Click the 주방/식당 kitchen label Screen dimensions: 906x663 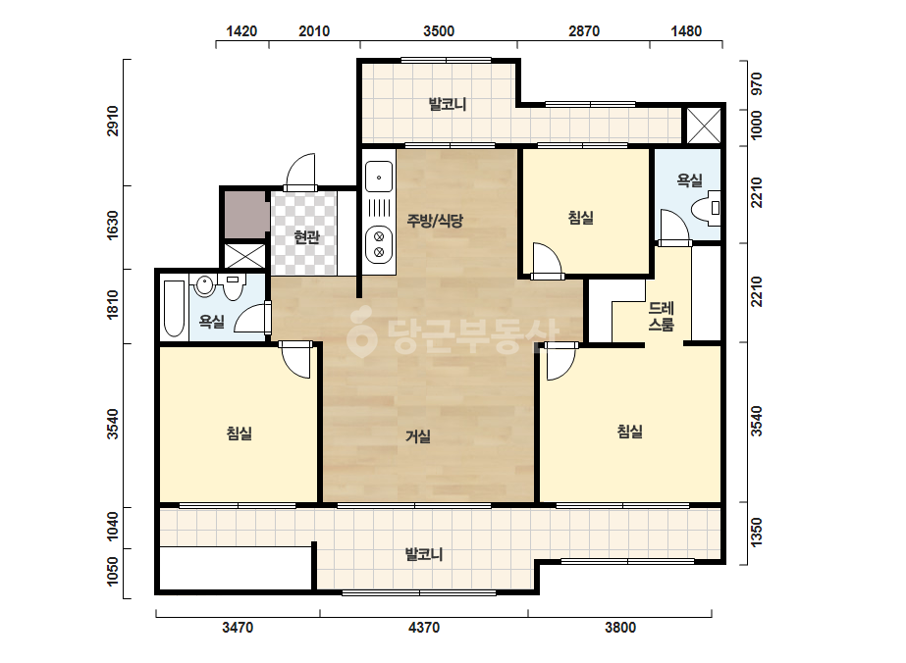(x=435, y=220)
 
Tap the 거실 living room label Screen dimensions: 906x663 (x=418, y=436)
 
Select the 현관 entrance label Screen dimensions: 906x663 (x=306, y=236)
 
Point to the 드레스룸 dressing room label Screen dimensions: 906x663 (x=661, y=317)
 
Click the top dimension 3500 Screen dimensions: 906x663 (x=439, y=31)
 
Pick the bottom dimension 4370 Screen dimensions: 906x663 (x=423, y=627)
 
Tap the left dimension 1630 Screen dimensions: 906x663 (x=113, y=226)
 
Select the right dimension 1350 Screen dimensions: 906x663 (x=757, y=532)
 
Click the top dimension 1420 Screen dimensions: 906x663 (x=240, y=31)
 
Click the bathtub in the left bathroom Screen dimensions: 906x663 (x=174, y=308)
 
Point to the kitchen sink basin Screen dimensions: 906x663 (x=379, y=177)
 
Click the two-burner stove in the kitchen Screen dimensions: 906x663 (x=379, y=244)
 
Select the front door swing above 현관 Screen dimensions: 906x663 (x=301, y=172)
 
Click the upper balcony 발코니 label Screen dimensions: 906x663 (x=448, y=105)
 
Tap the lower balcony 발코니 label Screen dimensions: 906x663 (x=423, y=554)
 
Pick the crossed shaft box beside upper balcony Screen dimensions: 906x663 (x=703, y=125)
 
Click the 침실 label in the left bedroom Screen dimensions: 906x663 (x=240, y=433)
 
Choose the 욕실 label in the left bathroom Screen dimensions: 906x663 (x=211, y=321)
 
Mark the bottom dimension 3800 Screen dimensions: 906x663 (x=620, y=627)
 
